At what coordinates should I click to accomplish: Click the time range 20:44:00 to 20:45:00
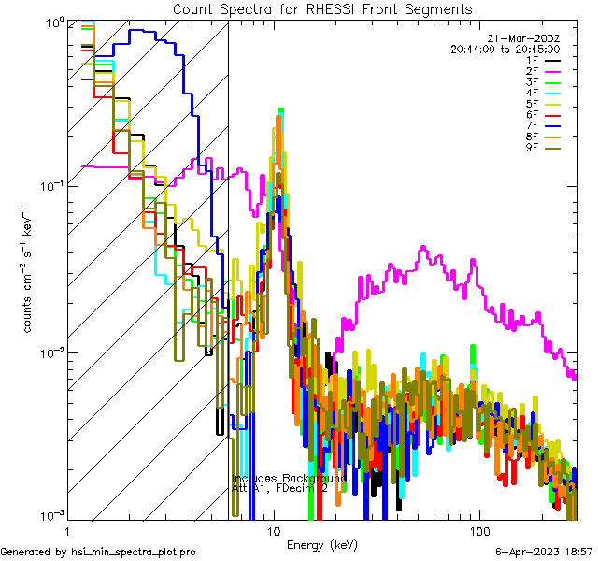[505, 48]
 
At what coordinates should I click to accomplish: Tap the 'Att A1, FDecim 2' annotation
[279, 488]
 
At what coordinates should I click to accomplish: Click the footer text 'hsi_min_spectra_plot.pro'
[134, 553]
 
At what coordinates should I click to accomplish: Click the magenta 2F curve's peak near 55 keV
[423, 248]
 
